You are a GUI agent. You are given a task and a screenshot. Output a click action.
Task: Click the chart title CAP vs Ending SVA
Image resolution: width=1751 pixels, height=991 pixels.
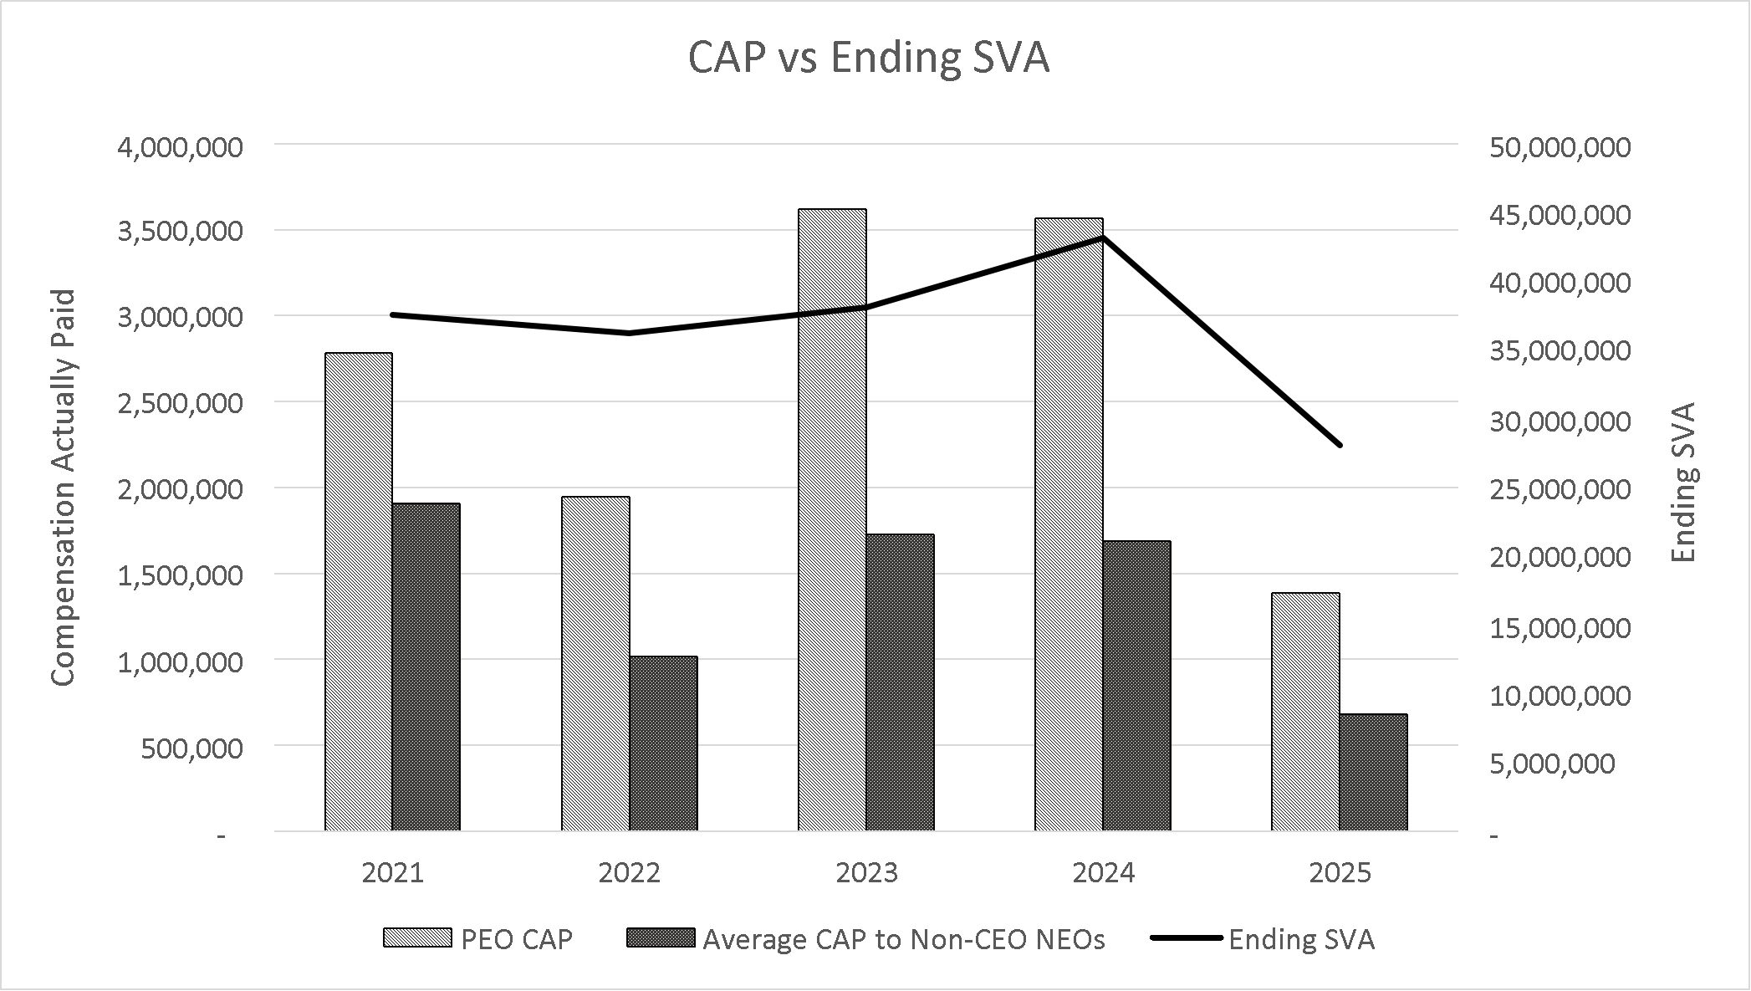[x=868, y=59]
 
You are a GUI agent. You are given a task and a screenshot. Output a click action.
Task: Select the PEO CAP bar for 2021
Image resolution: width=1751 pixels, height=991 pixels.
[x=358, y=591]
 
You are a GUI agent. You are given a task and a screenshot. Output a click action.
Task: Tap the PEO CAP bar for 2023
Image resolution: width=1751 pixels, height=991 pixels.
[x=832, y=519]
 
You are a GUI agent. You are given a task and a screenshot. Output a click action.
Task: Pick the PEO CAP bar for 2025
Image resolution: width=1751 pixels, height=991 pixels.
[x=1305, y=712]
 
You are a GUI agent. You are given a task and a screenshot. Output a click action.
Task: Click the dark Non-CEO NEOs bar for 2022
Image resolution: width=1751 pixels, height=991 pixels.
[x=663, y=743]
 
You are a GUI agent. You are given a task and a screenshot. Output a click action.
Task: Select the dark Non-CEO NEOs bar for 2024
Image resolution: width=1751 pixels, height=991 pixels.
[x=1136, y=686]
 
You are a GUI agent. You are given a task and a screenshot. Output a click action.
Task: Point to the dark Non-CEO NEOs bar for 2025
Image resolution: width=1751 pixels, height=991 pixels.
[x=1373, y=772]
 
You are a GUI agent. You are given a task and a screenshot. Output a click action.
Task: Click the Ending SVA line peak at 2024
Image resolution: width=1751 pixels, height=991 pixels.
[x=1104, y=238]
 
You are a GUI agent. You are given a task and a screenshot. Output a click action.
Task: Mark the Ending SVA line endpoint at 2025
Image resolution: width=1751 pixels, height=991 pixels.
[x=1340, y=445]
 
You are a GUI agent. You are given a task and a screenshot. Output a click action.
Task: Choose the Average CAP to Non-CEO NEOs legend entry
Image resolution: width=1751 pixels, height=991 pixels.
[x=865, y=939]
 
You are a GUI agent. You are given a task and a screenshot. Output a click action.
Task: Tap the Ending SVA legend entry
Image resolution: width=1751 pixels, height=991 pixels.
[x=1263, y=939]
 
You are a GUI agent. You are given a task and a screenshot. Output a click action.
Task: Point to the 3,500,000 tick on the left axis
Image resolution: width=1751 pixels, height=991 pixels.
[x=181, y=232]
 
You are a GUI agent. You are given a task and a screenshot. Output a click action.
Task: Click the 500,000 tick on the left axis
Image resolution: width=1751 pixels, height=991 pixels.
[x=192, y=748]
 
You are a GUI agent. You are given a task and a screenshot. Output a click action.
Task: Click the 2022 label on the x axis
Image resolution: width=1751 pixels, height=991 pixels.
[x=630, y=873]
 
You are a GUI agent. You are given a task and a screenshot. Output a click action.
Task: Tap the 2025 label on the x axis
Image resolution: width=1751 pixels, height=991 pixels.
[x=1340, y=873]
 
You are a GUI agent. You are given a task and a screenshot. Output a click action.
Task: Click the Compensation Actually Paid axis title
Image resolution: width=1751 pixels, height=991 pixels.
[x=64, y=488]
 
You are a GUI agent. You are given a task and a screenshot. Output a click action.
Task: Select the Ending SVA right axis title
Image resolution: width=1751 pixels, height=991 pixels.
[x=1684, y=483]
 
